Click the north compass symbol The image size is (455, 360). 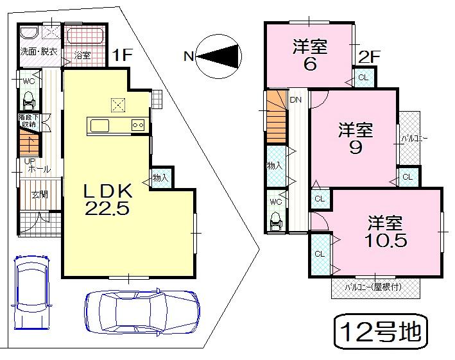click(218, 56)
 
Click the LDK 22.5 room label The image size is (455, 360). click(107, 198)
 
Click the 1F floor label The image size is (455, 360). click(122, 55)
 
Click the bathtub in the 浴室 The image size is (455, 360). click(85, 35)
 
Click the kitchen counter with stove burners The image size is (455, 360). click(117, 125)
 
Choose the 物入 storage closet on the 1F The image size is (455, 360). click(160, 178)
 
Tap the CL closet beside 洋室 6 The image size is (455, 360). click(363, 78)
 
